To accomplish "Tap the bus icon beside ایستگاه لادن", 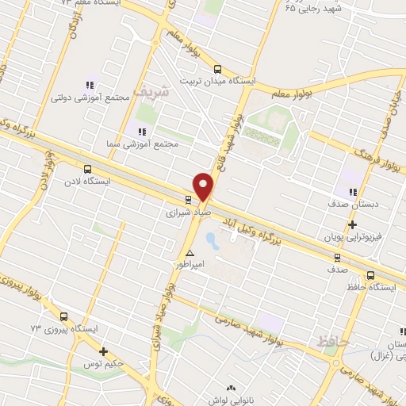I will (87, 168).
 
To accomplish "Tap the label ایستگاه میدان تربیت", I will (216, 81).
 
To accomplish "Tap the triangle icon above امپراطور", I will (190, 253).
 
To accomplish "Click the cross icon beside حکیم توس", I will (103, 351).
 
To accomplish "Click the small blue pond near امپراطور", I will (211, 237).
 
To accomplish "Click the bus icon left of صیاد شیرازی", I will (188, 200).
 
